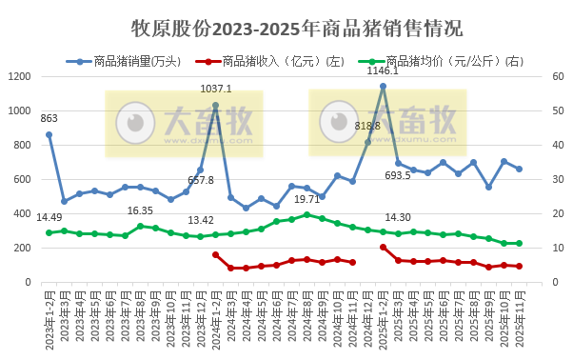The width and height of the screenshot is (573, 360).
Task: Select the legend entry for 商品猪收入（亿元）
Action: click(x=269, y=62)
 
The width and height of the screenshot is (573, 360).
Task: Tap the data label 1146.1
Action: click(x=384, y=71)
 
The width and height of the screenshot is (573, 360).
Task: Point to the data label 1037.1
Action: click(x=216, y=90)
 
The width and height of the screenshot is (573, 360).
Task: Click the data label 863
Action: click(x=49, y=119)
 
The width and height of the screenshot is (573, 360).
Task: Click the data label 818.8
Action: click(x=367, y=126)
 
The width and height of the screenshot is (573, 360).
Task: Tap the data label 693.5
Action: click(x=398, y=176)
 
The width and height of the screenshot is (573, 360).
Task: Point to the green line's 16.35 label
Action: click(x=140, y=210)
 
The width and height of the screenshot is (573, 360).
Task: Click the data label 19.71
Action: click(x=306, y=199)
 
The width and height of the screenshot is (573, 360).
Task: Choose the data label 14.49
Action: click(x=49, y=218)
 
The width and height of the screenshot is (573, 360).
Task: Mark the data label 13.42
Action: click(x=201, y=220)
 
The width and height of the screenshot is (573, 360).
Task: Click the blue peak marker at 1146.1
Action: click(x=383, y=86)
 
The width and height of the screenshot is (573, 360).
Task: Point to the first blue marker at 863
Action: click(x=49, y=134)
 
